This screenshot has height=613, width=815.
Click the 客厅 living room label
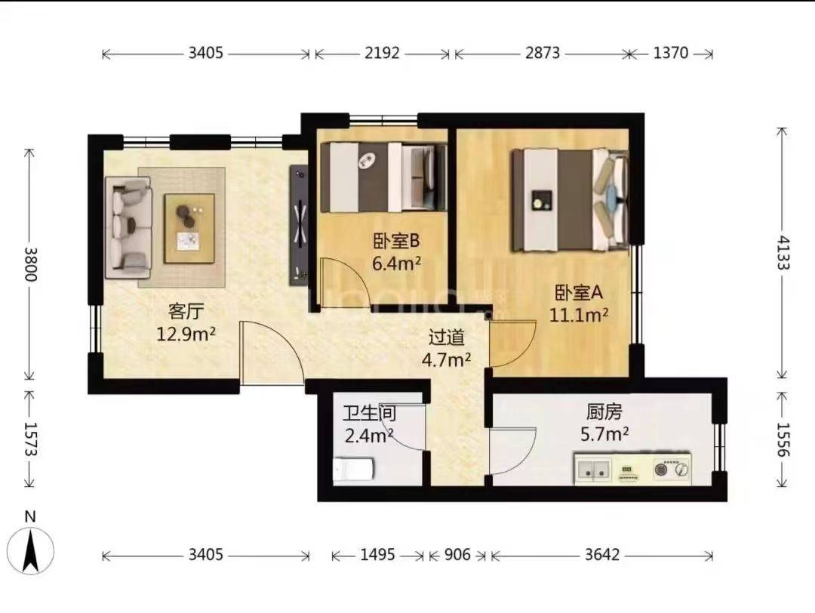[x=186, y=312]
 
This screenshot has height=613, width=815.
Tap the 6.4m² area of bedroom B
[x=396, y=263]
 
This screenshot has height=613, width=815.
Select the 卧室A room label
[x=579, y=293]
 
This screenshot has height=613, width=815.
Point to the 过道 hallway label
[x=447, y=337]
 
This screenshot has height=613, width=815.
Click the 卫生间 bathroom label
[x=369, y=413]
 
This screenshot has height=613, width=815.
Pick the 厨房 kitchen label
[x=604, y=411]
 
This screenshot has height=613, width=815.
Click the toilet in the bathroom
[x=353, y=470]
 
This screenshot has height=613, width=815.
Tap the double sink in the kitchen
[x=593, y=469]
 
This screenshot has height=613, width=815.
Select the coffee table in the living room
[x=189, y=228]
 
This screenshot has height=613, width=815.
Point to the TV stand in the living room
[x=299, y=225]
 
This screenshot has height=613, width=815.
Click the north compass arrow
[x=31, y=550]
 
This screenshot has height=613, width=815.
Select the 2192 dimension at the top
[x=382, y=53]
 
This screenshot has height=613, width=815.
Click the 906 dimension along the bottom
[x=457, y=555]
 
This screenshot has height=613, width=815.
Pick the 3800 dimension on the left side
[x=31, y=263]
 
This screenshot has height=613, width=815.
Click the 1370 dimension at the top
[x=671, y=53]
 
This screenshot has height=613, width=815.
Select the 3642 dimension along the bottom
[x=602, y=555]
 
